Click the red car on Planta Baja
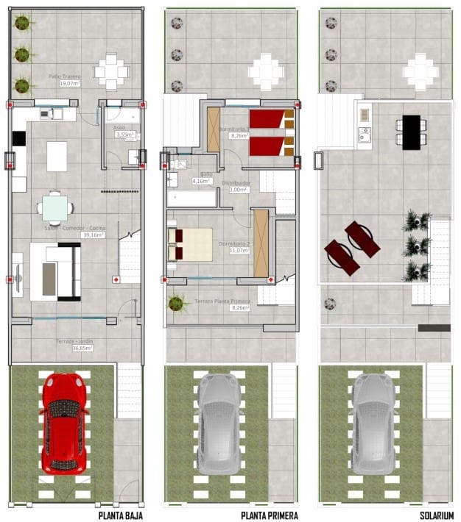pos(66,423)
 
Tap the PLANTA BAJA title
pos(120,515)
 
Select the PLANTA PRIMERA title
pos(273,515)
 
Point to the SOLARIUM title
pos(437,515)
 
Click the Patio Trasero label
pos(65,76)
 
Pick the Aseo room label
pos(119,127)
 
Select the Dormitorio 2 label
pos(234,244)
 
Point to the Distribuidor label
pos(236,182)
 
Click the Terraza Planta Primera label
pos(222,301)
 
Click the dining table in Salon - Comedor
pos(56,208)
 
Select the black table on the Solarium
pos(411,132)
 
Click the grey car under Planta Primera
pos(218,423)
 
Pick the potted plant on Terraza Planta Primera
pos(175,303)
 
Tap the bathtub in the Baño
pos(191,197)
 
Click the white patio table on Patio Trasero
pos(111,71)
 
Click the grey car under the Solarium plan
pos(373,423)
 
